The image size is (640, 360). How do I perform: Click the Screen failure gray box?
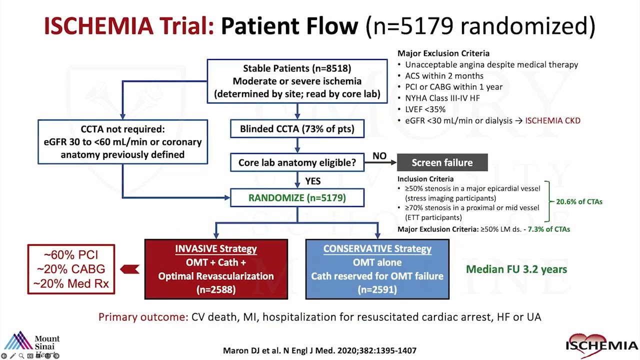pyautogui.click(x=442, y=162)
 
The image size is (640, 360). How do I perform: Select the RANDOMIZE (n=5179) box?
pyautogui.click(x=297, y=197)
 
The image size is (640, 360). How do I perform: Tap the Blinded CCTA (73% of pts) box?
pyautogui.click(x=297, y=129)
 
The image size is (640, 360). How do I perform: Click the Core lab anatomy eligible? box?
pyautogui.click(x=297, y=162)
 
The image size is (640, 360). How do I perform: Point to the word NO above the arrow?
pyautogui.click(x=379, y=156)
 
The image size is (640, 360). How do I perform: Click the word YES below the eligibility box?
pyautogui.click(x=312, y=181)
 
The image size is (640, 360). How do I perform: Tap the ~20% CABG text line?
pyautogui.click(x=71, y=269)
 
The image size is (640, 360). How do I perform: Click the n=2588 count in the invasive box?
pyautogui.click(x=216, y=289)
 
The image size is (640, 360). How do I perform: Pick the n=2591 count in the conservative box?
pyautogui.click(x=377, y=289)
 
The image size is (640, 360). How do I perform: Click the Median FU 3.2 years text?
pyautogui.click(x=516, y=269)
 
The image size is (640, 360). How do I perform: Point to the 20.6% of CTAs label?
pyautogui.click(x=579, y=202)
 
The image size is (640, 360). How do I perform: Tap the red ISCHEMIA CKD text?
pyautogui.click(x=552, y=120)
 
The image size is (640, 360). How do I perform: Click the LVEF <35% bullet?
pyautogui.click(x=425, y=109)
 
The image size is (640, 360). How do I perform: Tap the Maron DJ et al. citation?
pyautogui.click(x=319, y=350)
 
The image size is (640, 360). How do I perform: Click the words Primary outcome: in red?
pyautogui.click(x=143, y=317)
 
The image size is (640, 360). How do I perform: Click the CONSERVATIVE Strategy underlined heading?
pyautogui.click(x=377, y=248)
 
